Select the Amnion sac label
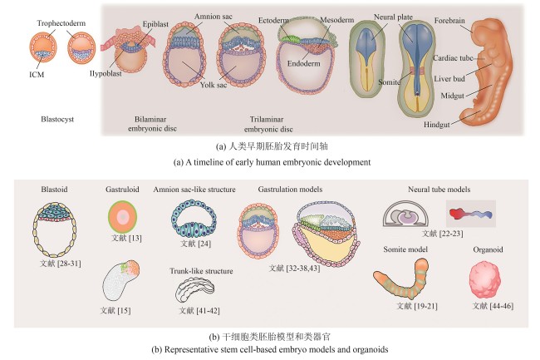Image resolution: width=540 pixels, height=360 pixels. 214,17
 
